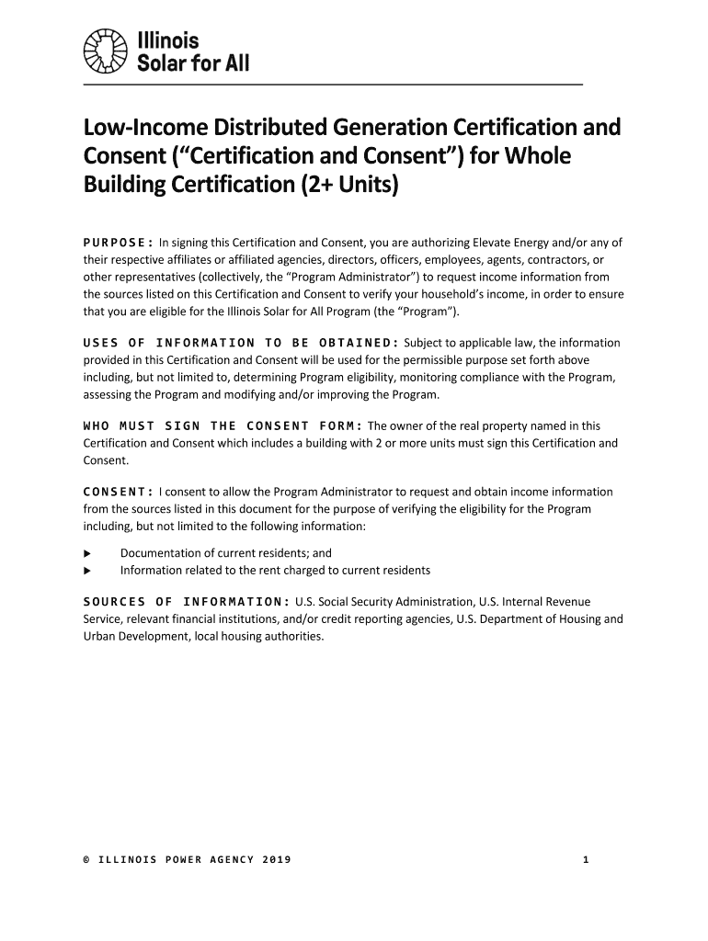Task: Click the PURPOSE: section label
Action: tap(119, 243)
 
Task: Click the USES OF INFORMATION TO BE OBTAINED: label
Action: tap(241, 343)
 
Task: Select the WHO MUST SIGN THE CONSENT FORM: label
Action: tap(223, 425)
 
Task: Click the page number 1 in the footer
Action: tap(585, 859)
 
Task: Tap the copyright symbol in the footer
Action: tap(86, 859)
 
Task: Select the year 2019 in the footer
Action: tap(276, 859)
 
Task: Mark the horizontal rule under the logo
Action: tap(333, 85)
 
